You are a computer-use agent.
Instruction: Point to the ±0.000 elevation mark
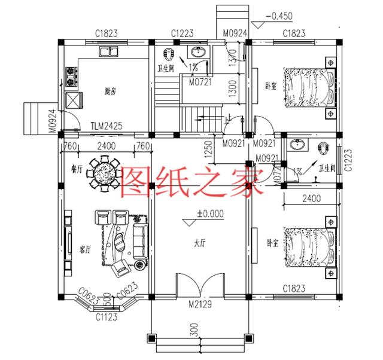pyautogui.click(x=209, y=213)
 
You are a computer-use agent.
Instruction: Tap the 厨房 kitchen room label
pyautogui.click(x=110, y=91)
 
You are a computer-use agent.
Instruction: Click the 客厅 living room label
pyautogui.click(x=84, y=248)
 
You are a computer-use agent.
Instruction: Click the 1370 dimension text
pyautogui.click(x=234, y=59)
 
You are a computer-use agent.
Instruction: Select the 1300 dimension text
pyautogui.click(x=234, y=90)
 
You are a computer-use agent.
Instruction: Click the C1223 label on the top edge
pyautogui.click(x=181, y=32)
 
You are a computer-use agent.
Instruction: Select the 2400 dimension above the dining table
pyautogui.click(x=106, y=146)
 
